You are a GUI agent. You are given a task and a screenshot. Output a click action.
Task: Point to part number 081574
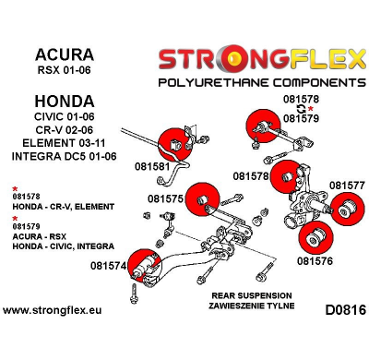pyautogui.click(x=108, y=268)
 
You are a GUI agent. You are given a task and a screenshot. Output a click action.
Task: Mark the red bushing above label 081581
pyautogui.click(x=173, y=141)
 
